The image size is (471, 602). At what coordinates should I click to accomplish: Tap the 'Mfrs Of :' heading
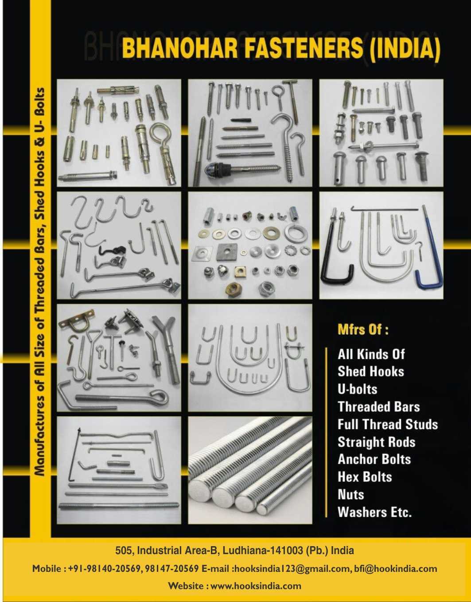pyautogui.click(x=363, y=330)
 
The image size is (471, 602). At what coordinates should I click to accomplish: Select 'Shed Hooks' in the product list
pyautogui.click(x=371, y=371)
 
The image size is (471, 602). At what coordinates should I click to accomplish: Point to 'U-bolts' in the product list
pyautogui.click(x=358, y=389)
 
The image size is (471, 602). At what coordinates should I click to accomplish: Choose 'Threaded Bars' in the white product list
pyautogui.click(x=378, y=407)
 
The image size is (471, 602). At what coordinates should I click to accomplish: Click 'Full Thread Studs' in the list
pyautogui.click(x=388, y=424)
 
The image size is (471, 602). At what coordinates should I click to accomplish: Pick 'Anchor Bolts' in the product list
pyautogui.click(x=374, y=459)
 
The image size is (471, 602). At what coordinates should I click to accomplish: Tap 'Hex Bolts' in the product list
pyautogui.click(x=365, y=477)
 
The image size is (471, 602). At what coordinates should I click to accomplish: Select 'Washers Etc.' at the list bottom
pyautogui.click(x=374, y=512)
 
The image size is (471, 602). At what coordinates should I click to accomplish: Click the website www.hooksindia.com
pyautogui.click(x=256, y=586)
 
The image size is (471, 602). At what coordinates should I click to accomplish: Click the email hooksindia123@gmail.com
pyautogui.click(x=292, y=569)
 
